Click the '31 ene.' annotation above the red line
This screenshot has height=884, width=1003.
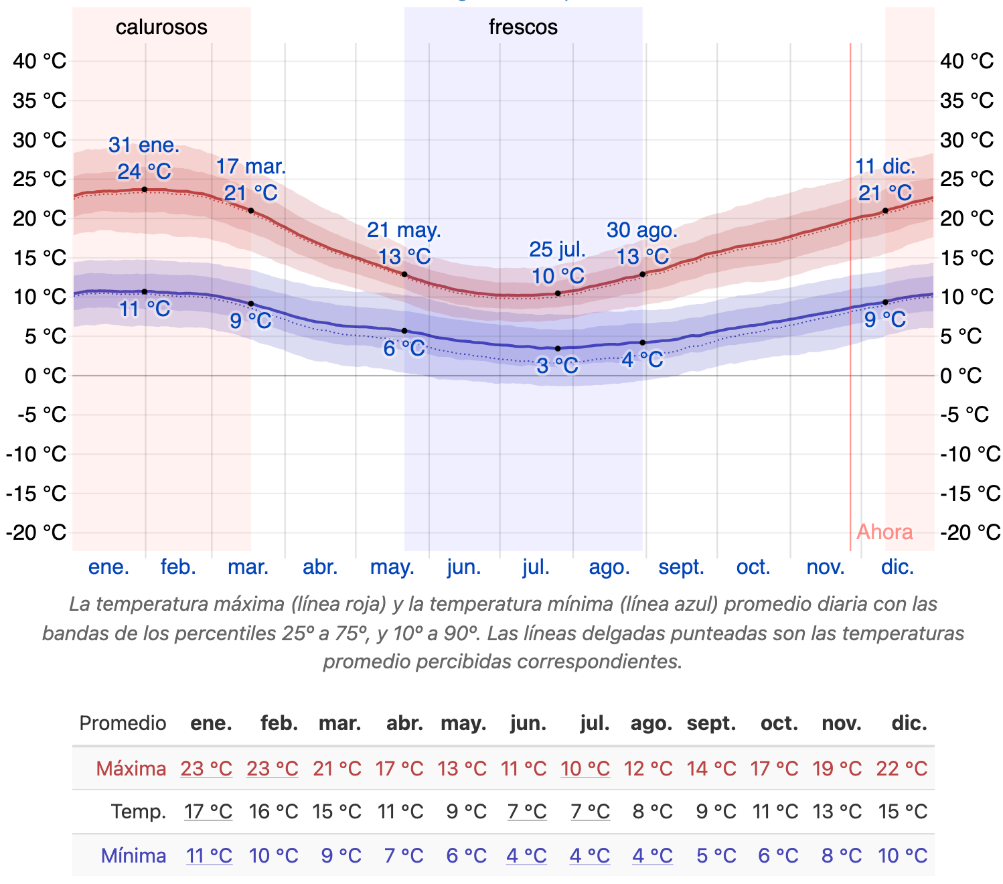click(x=144, y=145)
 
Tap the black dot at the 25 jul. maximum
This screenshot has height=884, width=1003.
click(x=558, y=293)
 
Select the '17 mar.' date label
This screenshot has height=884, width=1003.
click(x=250, y=167)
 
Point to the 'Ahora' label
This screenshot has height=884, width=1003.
click(x=884, y=532)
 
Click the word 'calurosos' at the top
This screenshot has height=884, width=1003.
click(x=161, y=27)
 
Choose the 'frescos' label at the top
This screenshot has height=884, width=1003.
click(x=523, y=27)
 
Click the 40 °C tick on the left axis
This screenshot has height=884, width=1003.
click(x=40, y=61)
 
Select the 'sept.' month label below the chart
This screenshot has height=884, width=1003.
click(x=681, y=567)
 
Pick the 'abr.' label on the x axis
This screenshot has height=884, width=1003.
click(x=320, y=567)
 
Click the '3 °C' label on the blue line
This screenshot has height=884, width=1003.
click(x=557, y=366)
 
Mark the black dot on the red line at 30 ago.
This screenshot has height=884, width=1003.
click(x=643, y=275)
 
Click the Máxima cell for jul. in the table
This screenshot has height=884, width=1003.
click(x=585, y=768)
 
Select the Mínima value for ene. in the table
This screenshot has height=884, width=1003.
click(x=209, y=855)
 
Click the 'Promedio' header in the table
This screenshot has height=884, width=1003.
click(x=123, y=723)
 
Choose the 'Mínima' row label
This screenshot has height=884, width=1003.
click(x=133, y=855)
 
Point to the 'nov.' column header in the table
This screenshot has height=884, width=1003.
click(x=841, y=723)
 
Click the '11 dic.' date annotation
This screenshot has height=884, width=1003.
click(x=884, y=167)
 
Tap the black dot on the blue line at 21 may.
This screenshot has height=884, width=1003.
click(x=404, y=331)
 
